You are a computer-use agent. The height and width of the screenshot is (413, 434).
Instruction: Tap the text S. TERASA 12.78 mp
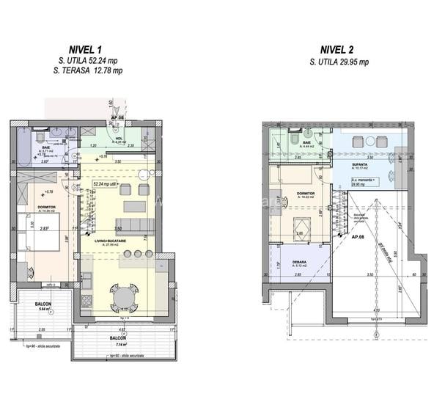[x=88, y=70]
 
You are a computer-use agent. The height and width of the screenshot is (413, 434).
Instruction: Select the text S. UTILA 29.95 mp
[x=339, y=62]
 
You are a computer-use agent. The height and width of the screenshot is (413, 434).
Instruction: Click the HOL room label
[x=119, y=139]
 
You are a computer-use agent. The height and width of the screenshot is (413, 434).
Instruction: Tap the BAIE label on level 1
[x=24, y=147]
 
